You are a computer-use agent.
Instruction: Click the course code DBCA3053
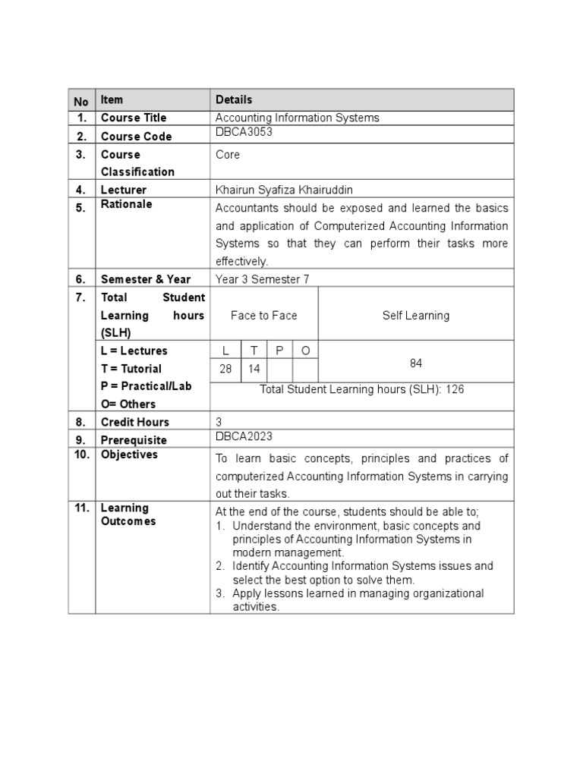[244, 132]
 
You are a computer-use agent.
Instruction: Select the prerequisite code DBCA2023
[244, 436]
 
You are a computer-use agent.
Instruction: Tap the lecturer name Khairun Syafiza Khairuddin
[285, 190]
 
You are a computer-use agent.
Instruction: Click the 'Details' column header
[234, 99]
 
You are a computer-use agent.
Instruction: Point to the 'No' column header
[81, 102]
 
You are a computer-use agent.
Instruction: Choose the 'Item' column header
[112, 99]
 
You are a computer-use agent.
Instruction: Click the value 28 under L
[225, 369]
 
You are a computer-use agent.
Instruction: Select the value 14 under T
[254, 369]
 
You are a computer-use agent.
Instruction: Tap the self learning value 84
[415, 363]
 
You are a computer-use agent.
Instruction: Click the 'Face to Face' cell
[263, 315]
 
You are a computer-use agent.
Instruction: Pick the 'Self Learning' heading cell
[415, 315]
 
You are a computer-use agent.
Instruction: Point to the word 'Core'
[228, 154]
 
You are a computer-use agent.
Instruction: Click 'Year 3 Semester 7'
[262, 279]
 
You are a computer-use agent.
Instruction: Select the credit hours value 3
[219, 422]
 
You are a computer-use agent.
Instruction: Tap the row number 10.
[81, 455]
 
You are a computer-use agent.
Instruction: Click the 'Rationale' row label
[126, 204]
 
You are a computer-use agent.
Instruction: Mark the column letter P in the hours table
[279, 350]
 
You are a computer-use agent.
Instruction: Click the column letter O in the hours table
[305, 350]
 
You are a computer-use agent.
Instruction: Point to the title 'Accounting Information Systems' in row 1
[297, 118]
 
